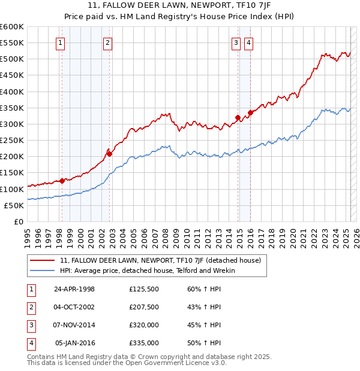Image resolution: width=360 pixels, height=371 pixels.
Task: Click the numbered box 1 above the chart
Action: pyautogui.click(x=61, y=42)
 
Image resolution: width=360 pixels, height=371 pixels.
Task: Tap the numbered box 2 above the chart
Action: pyautogui.click(x=107, y=42)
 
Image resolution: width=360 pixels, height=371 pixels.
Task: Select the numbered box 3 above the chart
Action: pyautogui.click(x=236, y=42)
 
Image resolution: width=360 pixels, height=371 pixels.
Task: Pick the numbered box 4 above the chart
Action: pyautogui.click(x=248, y=42)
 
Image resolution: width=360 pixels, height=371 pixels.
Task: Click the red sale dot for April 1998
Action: pyautogui.click(x=62, y=181)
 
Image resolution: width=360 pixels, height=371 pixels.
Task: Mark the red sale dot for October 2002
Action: pyautogui.click(x=109, y=154)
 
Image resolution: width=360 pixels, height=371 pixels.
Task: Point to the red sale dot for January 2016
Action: pyautogui.click(x=250, y=112)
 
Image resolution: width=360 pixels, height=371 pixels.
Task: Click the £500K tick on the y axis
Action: pyautogui.click(x=12, y=59)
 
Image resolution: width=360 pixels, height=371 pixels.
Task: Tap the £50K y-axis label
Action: pyautogui.click(x=14, y=205)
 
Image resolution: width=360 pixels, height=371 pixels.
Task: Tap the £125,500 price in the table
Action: pyautogui.click(x=144, y=289)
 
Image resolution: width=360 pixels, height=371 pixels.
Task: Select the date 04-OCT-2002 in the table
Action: pyautogui.click(x=74, y=307)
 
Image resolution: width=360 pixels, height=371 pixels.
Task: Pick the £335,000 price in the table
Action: pyautogui.click(x=144, y=343)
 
